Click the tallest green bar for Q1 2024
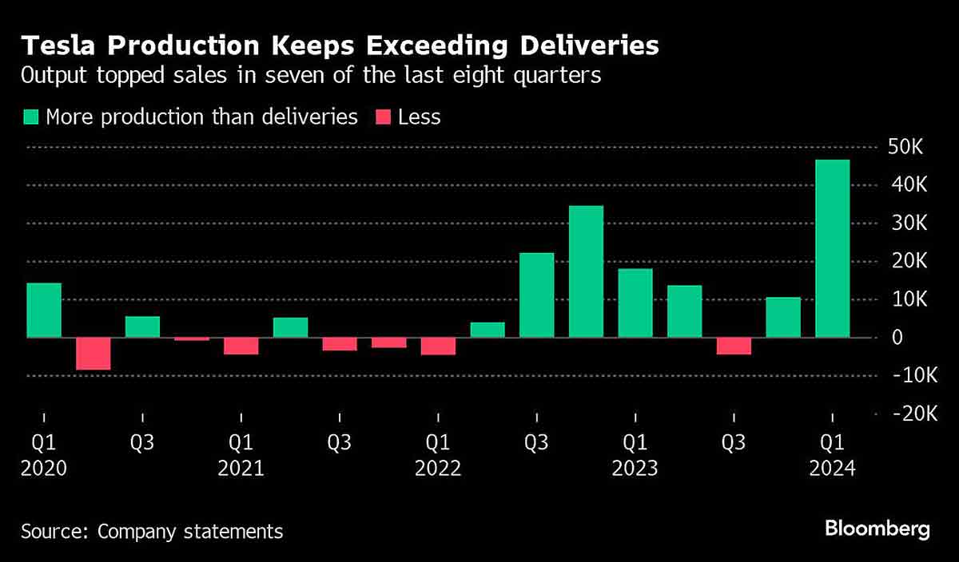(832, 248)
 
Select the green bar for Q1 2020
(44, 310)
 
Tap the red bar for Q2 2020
(93, 353)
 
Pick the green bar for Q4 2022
(586, 271)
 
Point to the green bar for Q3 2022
(536, 295)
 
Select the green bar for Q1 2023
(635, 303)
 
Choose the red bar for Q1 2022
(438, 345)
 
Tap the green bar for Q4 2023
(783, 317)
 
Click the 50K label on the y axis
(906, 148)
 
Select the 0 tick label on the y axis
(897, 338)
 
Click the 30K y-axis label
(906, 224)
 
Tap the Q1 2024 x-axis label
(833, 454)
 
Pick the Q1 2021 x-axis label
(241, 454)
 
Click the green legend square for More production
(31, 117)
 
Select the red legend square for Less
(383, 117)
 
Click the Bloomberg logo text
(877, 528)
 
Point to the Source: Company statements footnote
(152, 531)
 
